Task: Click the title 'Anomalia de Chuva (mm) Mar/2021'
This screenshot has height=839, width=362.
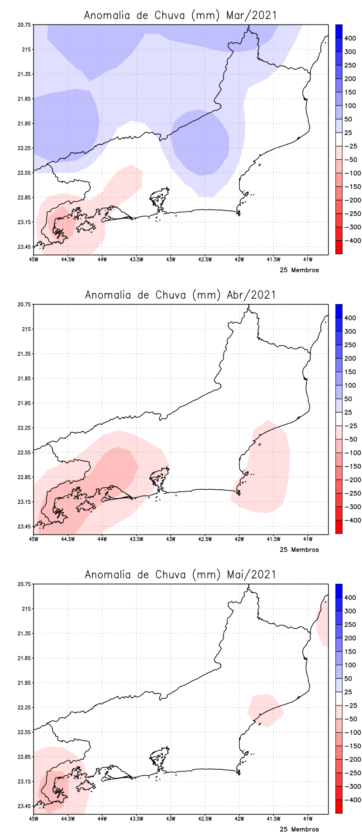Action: click(180, 15)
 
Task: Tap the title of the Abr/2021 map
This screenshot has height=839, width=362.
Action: click(180, 295)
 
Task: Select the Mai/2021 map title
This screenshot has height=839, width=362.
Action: click(180, 575)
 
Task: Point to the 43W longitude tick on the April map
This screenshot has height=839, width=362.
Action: click(171, 539)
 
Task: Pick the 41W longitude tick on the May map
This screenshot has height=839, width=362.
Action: click(308, 819)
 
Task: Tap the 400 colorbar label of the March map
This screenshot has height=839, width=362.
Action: click(350, 38)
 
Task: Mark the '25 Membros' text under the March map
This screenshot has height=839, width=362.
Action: click(299, 270)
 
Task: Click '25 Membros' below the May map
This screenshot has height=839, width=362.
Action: click(299, 829)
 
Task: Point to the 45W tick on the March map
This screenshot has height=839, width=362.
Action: click(33, 259)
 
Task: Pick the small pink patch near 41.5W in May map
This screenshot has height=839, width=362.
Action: click(266, 709)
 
